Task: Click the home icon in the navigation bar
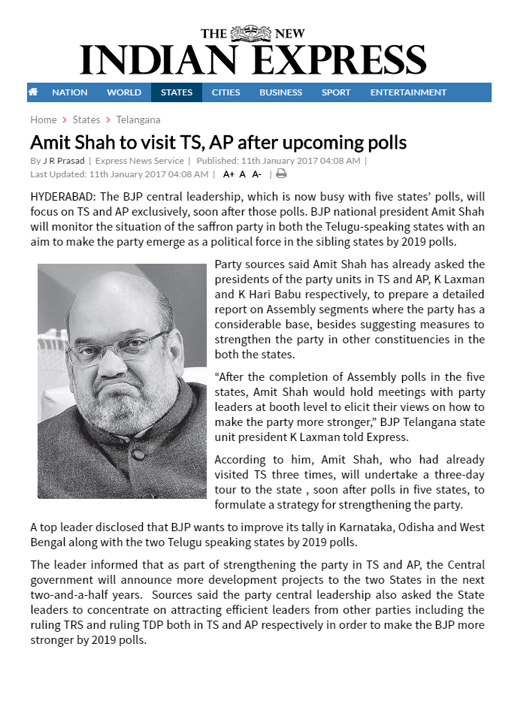(33, 92)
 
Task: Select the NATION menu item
(70, 92)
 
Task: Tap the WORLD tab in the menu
(124, 92)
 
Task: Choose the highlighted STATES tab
(177, 92)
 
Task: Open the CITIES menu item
(226, 92)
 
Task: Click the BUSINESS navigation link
(280, 92)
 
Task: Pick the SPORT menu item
(336, 92)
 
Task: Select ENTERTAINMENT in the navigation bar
(408, 92)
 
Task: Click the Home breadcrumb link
(44, 119)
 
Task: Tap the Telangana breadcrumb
(138, 119)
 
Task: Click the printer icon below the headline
(281, 174)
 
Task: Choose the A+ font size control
(229, 174)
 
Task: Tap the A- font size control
(256, 174)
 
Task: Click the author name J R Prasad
(64, 161)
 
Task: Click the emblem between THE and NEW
(250, 33)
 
